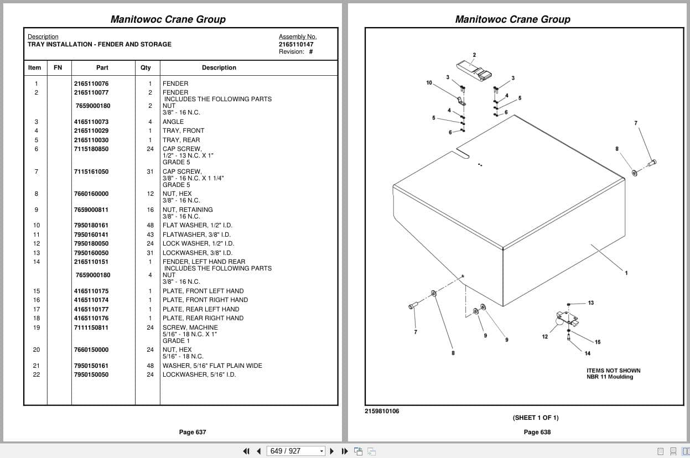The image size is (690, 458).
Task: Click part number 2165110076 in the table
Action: [91, 84]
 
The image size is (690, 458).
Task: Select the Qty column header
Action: [146, 67]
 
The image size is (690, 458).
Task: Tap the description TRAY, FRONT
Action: [183, 131]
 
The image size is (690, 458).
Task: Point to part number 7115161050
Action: [91, 171]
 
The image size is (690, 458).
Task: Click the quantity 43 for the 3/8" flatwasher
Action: [150, 235]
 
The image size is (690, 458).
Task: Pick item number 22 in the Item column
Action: [37, 374]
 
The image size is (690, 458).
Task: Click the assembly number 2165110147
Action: [296, 44]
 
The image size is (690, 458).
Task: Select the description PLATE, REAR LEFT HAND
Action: [201, 309]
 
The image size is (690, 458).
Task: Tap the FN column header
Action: [58, 67]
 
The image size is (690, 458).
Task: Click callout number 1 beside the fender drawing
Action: [626, 273]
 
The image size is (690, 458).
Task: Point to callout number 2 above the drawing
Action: [474, 55]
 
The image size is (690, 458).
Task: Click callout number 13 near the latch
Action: [591, 303]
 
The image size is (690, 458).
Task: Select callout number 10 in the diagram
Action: [429, 82]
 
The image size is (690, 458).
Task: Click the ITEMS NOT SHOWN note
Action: [613, 371]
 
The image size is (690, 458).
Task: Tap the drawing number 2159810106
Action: [382, 411]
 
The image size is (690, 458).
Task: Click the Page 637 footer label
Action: [193, 432]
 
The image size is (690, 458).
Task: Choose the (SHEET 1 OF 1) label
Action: [536, 418]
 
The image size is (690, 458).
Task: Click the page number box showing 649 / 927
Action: [295, 451]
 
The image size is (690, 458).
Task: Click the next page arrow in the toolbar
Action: [332, 451]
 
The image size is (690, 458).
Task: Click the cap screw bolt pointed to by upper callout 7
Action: [652, 163]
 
